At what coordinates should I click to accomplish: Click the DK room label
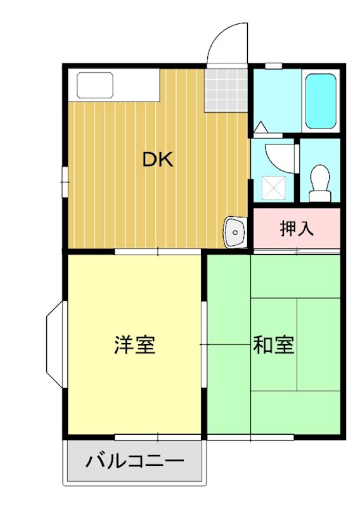(158, 160)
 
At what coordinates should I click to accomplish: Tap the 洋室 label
(134, 346)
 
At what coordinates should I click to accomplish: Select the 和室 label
(273, 346)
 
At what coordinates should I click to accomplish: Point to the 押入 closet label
(297, 229)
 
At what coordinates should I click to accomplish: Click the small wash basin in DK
(234, 233)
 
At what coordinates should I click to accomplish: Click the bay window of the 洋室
(55, 345)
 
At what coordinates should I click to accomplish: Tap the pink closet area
(297, 229)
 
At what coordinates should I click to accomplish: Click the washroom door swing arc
(279, 158)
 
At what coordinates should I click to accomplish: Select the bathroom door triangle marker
(260, 127)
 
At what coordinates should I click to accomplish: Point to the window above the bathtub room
(273, 65)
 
